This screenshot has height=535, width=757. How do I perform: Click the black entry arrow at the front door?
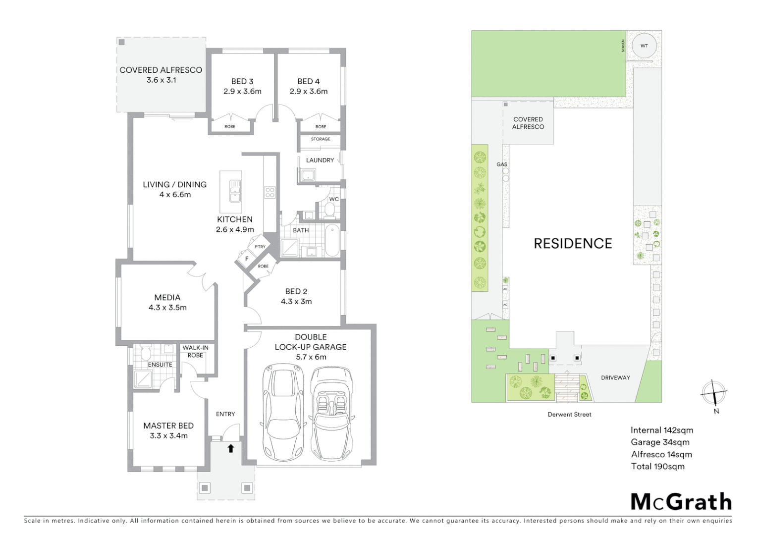(x=230, y=448)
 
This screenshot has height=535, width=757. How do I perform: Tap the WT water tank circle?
(x=644, y=46)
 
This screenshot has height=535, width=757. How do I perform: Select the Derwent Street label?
(x=569, y=414)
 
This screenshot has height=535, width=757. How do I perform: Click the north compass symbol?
(x=713, y=393)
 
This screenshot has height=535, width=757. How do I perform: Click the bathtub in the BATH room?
(x=332, y=240)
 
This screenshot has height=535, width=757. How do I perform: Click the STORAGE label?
(x=321, y=139)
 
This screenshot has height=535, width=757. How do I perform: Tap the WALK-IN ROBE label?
(x=195, y=351)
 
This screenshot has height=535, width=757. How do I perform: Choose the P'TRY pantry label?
(x=260, y=247)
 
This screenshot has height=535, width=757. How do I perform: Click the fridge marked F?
(x=246, y=258)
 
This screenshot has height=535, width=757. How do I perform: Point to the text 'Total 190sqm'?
(x=657, y=466)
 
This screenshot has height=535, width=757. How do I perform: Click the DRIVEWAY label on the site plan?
(x=615, y=377)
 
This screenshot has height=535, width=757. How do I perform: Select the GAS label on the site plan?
(x=502, y=164)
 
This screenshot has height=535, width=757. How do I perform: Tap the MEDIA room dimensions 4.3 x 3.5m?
(x=167, y=308)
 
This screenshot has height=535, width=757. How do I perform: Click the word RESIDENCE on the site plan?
(x=573, y=243)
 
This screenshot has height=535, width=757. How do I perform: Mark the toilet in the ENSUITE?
(x=146, y=353)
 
